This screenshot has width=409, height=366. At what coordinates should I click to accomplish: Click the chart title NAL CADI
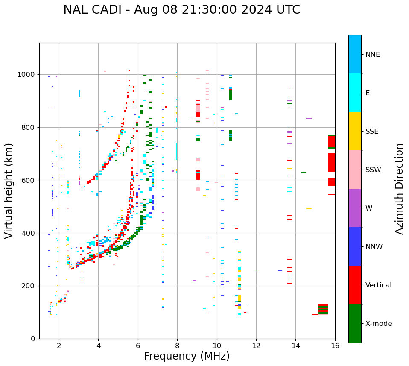pos(181,10)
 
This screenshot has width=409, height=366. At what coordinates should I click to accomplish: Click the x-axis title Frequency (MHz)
pos(187,356)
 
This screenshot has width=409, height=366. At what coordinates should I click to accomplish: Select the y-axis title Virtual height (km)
pos(9,191)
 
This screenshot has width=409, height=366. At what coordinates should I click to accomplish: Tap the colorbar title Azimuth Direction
pos(399,189)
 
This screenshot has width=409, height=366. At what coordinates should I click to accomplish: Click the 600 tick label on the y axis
pos(30,180)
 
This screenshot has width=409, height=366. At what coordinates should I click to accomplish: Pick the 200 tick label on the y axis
pos(30,286)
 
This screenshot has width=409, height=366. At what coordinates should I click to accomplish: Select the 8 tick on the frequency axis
pos(177,345)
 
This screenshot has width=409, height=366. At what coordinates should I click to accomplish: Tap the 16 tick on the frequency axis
pos(335,345)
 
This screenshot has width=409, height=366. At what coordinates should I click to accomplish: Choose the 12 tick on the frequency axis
pos(256,345)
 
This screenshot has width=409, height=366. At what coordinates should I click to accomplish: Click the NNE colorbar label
pos(372,55)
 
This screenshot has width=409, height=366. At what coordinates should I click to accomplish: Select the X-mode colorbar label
pos(378,324)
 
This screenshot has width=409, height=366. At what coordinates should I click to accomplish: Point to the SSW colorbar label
pos(373,170)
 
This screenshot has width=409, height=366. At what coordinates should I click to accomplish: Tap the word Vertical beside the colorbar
pos(378,285)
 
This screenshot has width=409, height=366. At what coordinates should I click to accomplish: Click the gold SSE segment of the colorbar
pos(355,131)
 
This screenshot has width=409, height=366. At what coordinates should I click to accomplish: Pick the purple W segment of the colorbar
pos(355,208)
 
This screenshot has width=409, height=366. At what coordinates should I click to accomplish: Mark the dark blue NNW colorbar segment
pos(355,246)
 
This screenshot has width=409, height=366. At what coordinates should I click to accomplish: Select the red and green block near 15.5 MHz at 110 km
pos(323,309)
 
